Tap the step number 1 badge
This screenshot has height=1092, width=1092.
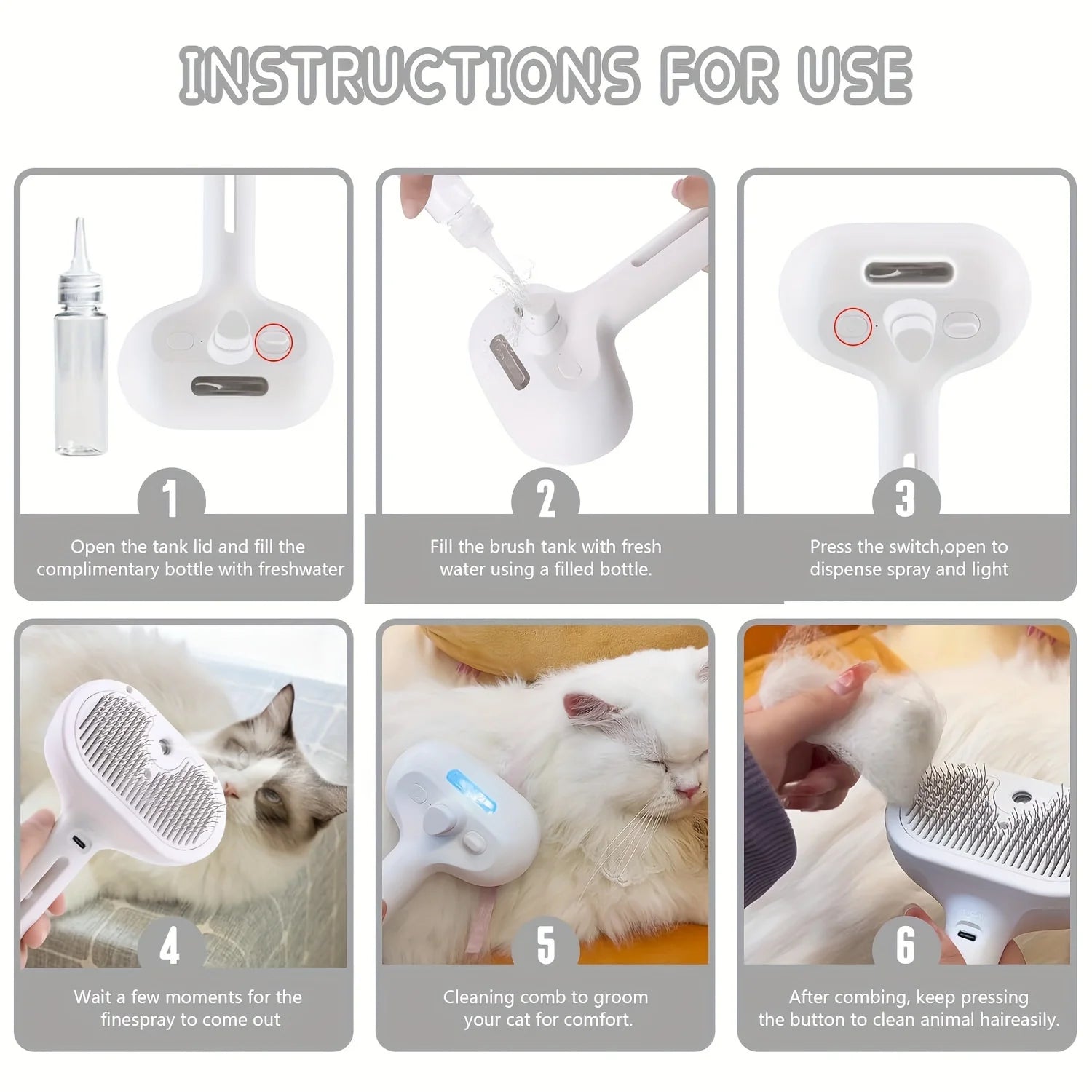(x=171, y=498)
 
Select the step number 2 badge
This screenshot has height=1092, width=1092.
(x=546, y=498)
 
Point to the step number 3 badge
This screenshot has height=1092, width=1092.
(x=906, y=498)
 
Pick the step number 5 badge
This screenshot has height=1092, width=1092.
(x=546, y=946)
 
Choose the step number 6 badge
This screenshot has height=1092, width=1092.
(x=906, y=946)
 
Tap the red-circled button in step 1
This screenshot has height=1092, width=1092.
(x=274, y=339)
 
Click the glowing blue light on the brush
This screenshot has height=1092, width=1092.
(x=470, y=794)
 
